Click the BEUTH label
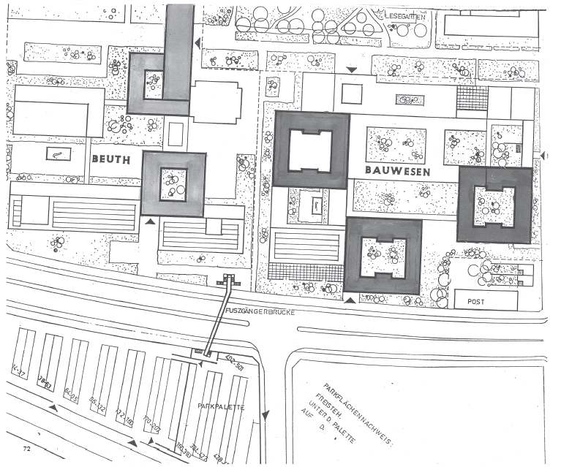click(111, 158)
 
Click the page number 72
click(27, 445)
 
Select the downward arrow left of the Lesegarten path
click(353, 70)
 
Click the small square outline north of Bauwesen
click(352, 94)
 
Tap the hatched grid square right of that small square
click(472, 97)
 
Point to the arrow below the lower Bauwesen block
click(350, 300)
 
